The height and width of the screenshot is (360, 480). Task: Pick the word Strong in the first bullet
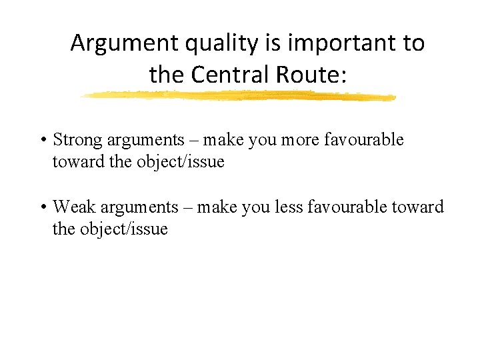[x=75, y=140]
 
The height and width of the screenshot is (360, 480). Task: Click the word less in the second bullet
[x=288, y=208]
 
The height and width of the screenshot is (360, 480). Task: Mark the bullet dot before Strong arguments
[x=42, y=141]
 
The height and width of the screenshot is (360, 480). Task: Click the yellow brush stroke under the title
[x=238, y=96]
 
